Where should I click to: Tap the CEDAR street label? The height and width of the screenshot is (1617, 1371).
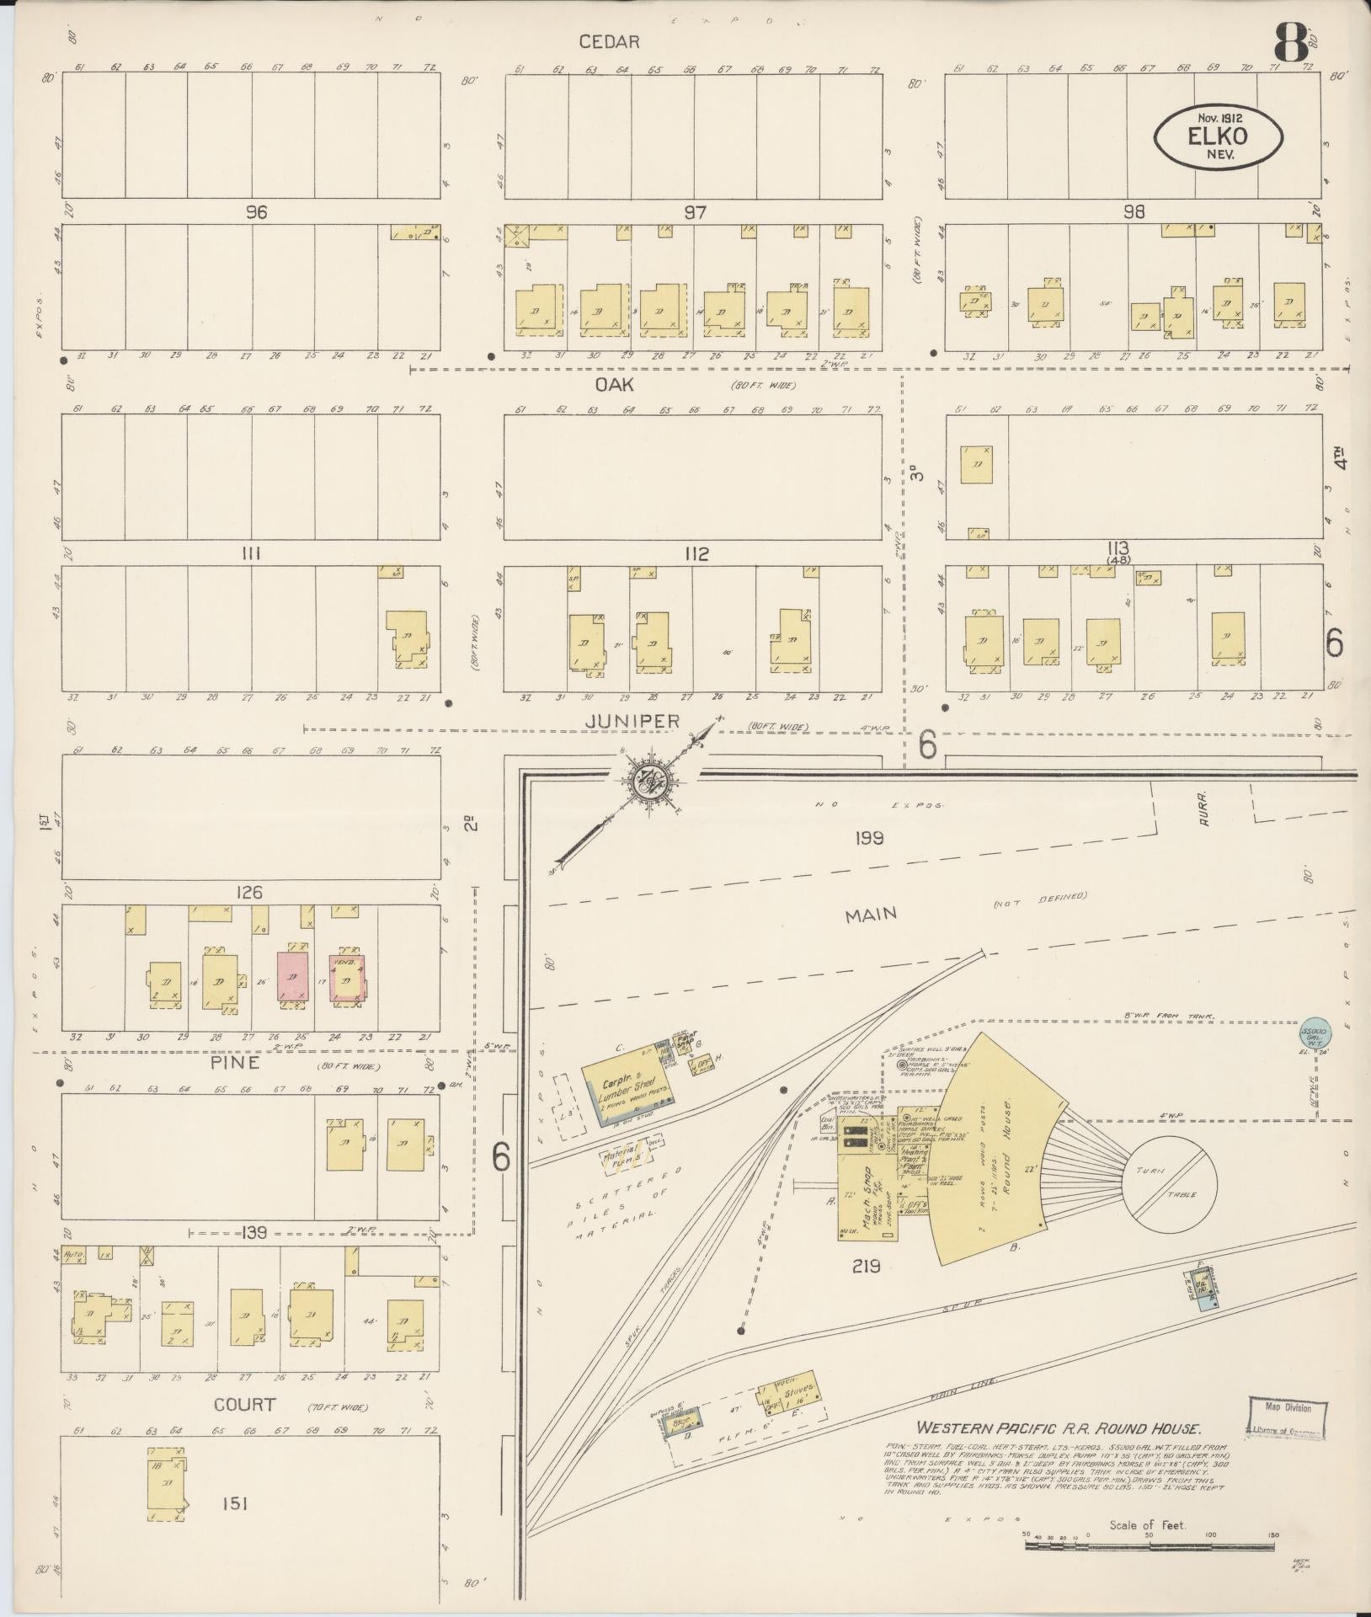point(610,41)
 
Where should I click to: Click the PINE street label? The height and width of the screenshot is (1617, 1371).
point(242,1063)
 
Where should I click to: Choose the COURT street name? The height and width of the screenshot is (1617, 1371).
point(244,1404)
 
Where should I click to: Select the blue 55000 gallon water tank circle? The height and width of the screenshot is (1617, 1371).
point(1315,1033)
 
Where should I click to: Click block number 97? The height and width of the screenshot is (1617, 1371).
point(695,212)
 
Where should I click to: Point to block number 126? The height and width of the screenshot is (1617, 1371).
point(250,892)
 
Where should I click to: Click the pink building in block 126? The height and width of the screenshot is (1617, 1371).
point(291,977)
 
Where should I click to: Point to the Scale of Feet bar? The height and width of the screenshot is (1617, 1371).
point(1150,1545)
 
